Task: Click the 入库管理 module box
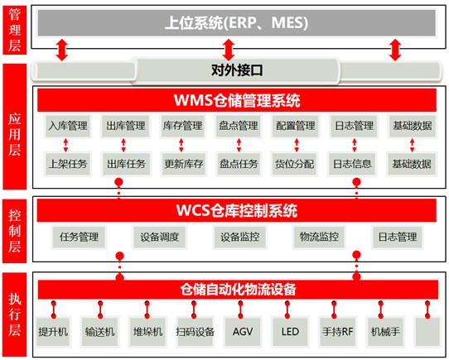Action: tap(68, 126)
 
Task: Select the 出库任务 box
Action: tap(126, 164)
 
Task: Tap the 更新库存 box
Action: tap(184, 164)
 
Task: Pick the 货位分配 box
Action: tap(294, 164)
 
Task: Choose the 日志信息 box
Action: tap(352, 164)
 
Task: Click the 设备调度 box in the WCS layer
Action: tap(160, 237)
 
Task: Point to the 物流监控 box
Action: tap(319, 237)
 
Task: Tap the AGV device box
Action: tap(243, 332)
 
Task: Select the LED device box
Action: tap(290, 332)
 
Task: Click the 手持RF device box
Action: tap(337, 332)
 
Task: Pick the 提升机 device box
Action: tap(53, 332)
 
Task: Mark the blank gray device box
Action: tap(427, 332)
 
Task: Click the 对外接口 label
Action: tap(237, 70)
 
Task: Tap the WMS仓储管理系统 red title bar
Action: tap(237, 100)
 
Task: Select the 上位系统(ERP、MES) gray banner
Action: tap(237, 23)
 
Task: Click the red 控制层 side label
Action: tap(15, 231)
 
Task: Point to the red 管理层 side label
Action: tap(15, 30)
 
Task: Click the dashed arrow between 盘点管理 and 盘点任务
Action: tap(239, 145)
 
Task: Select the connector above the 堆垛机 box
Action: tap(147, 310)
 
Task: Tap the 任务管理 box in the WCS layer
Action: tap(79, 237)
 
